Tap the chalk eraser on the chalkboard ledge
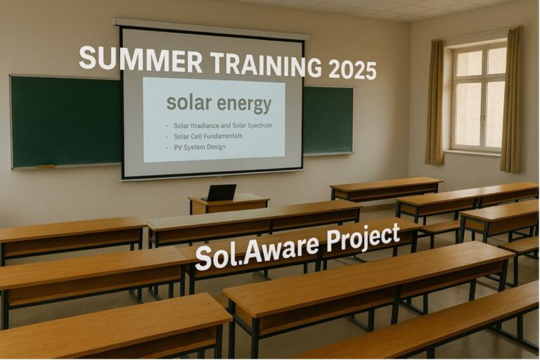(x=46, y=167)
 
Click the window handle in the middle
(x=482, y=117)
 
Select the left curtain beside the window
(x=435, y=103)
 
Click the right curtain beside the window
(x=511, y=100)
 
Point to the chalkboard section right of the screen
(x=328, y=120)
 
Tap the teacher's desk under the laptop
(x=229, y=205)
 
